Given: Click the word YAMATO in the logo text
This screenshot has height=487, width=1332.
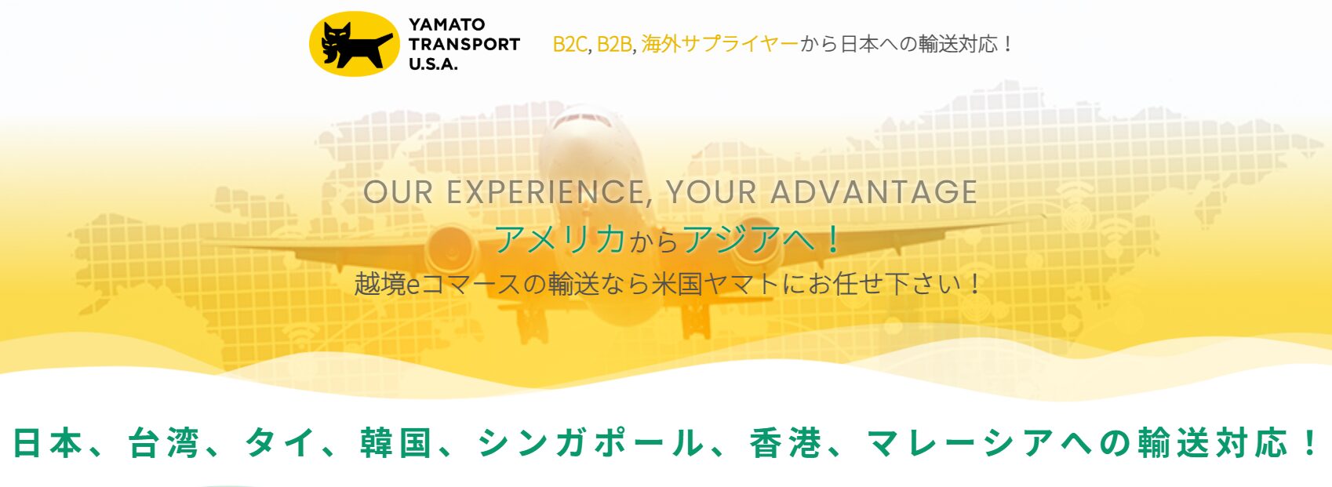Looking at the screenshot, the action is [x=446, y=24].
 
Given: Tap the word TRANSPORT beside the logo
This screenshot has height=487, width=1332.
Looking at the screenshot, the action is [x=464, y=45].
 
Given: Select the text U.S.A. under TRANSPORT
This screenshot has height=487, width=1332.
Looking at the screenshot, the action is [x=433, y=64].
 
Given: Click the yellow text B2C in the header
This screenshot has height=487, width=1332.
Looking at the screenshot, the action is [x=570, y=45].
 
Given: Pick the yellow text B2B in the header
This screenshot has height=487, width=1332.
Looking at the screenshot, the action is [x=614, y=45].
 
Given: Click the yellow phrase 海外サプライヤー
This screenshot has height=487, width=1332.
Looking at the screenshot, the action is [x=719, y=44].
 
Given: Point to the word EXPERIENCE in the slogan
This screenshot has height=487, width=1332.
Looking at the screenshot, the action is [x=545, y=193].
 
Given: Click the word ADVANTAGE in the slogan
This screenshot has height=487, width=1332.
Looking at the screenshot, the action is [x=874, y=192].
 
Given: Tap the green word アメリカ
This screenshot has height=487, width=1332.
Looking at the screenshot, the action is [x=560, y=240].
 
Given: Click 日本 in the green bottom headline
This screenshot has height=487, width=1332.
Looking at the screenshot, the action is [x=48, y=443].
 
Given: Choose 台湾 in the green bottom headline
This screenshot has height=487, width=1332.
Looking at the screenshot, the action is [x=163, y=443].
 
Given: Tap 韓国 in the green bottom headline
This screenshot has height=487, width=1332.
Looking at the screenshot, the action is [x=395, y=443].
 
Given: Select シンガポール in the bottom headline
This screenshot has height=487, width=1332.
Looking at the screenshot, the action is [x=591, y=443].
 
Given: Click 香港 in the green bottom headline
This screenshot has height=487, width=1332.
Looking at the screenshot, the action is [x=785, y=443].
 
